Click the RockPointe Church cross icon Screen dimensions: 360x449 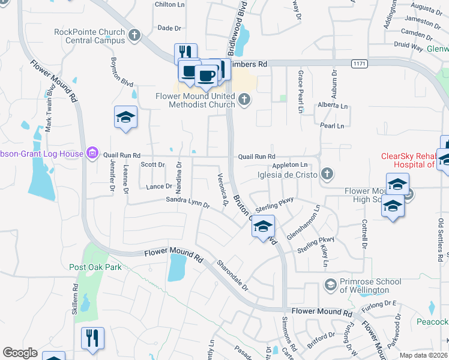[x=135, y=35]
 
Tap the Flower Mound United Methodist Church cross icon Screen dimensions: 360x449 [x=244, y=100]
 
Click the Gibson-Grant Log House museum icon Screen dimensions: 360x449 [x=92, y=154]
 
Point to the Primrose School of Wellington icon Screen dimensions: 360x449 [x=330, y=284]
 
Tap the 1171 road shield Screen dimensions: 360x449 [x=359, y=63]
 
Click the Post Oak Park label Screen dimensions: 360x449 [x=95, y=268]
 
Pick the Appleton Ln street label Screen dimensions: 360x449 [x=289, y=164]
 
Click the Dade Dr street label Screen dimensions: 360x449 [x=169, y=28]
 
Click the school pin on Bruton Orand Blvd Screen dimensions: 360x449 [x=263, y=227]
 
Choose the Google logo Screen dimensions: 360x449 [x=20, y=353]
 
